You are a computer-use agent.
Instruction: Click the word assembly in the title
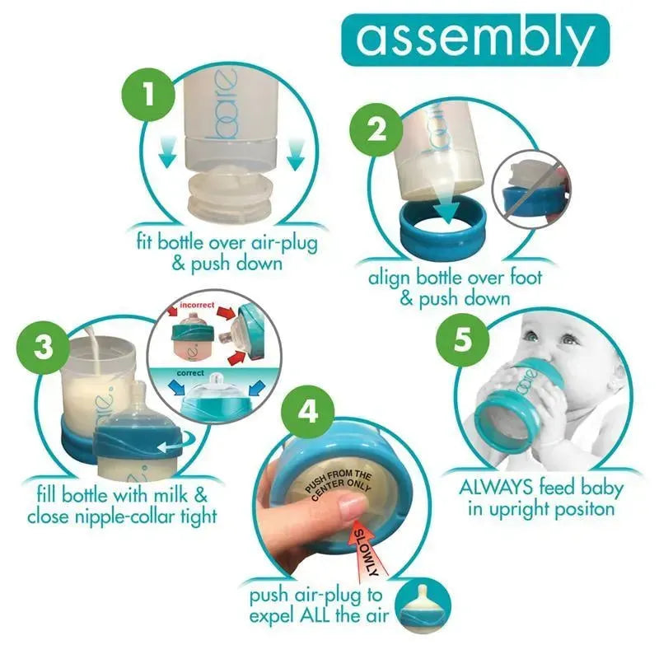click(475, 40)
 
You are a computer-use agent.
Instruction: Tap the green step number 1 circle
click(148, 96)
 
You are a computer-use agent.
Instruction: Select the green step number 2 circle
click(376, 130)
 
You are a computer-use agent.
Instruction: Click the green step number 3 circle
click(44, 347)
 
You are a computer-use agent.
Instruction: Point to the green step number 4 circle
click(307, 413)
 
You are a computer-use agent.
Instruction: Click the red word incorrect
click(197, 305)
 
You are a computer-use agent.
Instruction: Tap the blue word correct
click(190, 373)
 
